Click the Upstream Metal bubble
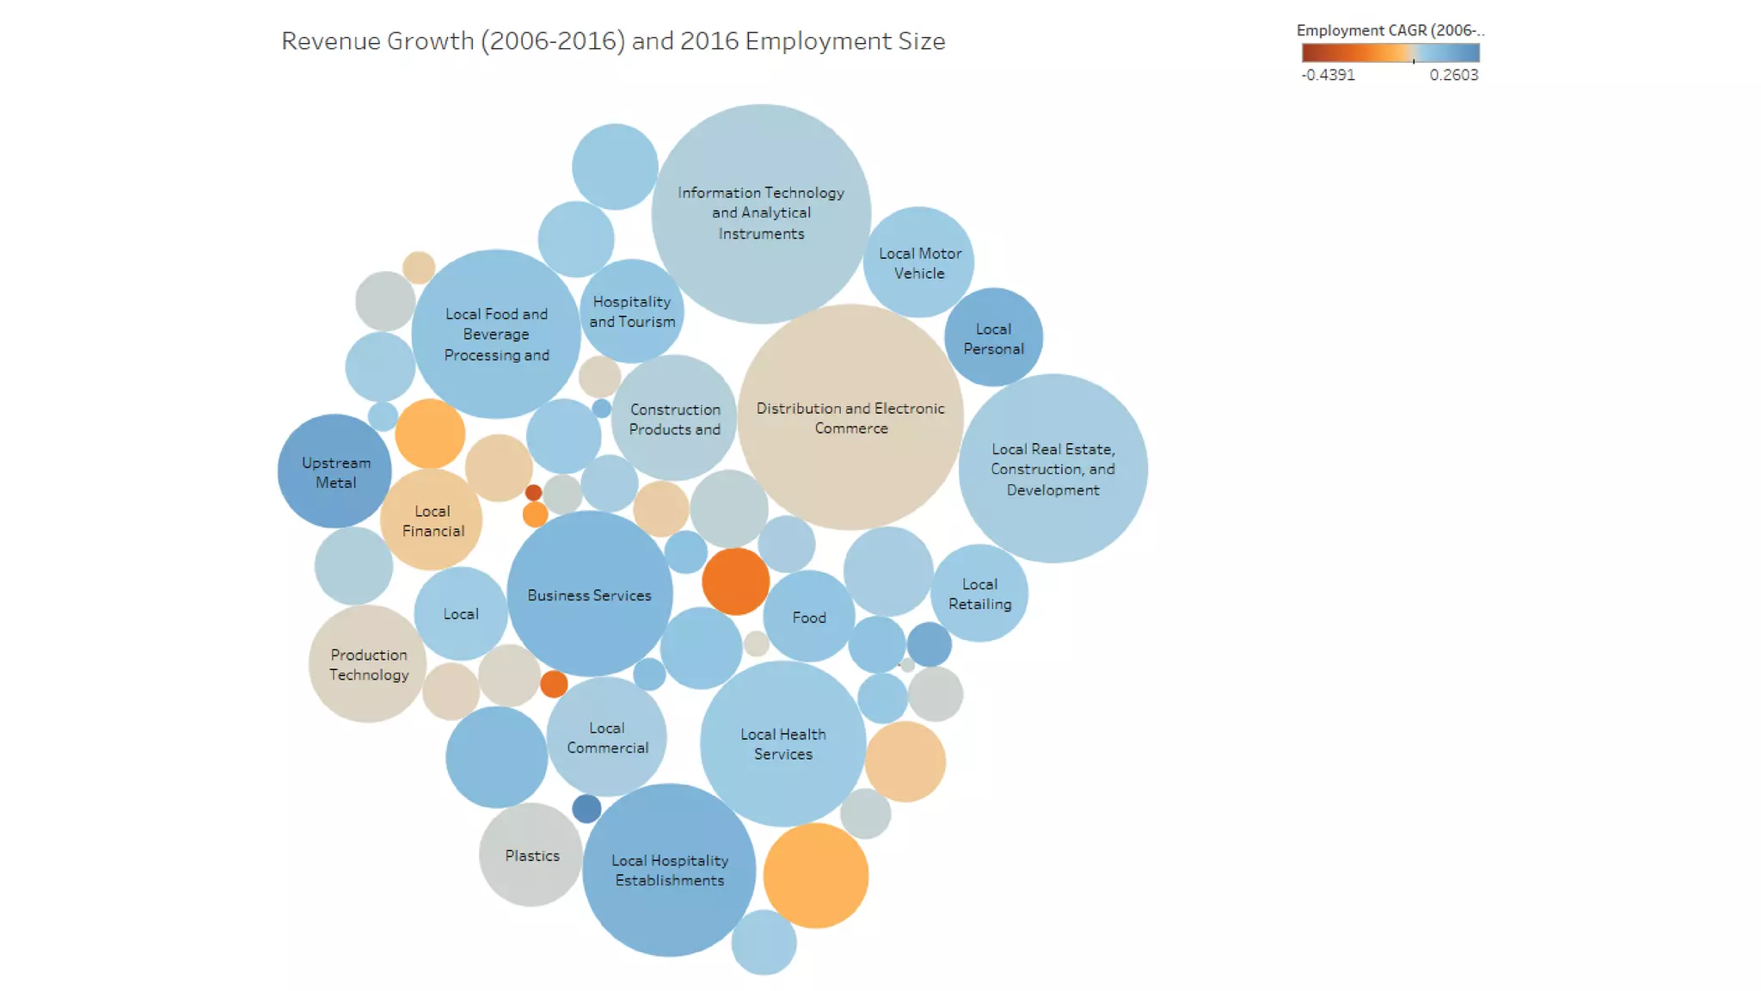click(x=334, y=471)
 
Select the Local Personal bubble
click(x=993, y=337)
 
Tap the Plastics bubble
click(x=531, y=855)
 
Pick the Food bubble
click(x=808, y=617)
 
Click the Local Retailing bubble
click(x=979, y=594)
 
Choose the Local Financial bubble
click(x=432, y=520)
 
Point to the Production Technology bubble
click(x=368, y=664)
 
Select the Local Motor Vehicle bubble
click(x=919, y=262)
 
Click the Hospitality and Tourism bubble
click(x=632, y=311)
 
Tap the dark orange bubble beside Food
click(x=735, y=582)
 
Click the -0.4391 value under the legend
click(x=1328, y=75)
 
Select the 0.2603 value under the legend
click(x=1453, y=75)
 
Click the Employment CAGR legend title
click(x=1389, y=30)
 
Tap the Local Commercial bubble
click(x=607, y=737)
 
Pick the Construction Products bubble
click(x=674, y=418)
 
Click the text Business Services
click(x=589, y=595)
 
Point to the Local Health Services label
click(x=782, y=743)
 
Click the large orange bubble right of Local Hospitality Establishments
click(x=815, y=875)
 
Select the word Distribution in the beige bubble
click(x=792, y=409)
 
